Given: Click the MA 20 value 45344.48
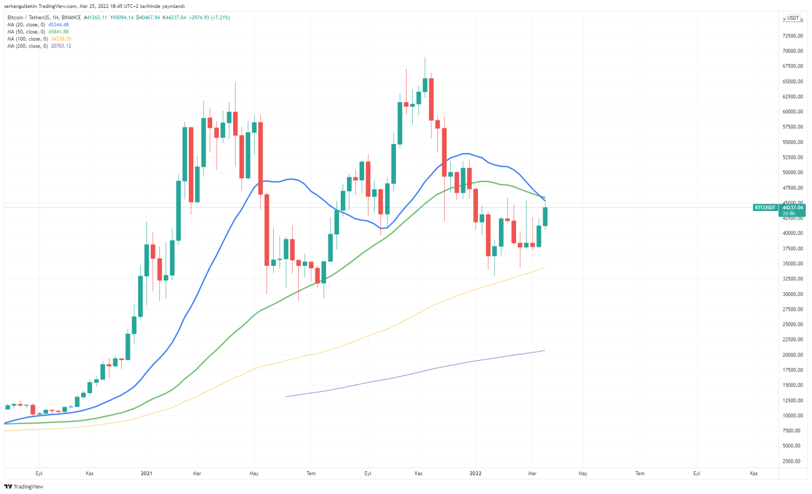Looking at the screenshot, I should (x=58, y=25).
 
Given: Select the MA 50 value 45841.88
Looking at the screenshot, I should (x=58, y=31).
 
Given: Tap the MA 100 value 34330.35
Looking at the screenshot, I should (x=61, y=39).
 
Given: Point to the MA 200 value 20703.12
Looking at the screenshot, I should (x=61, y=46).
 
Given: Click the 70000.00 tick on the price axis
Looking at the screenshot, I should (x=790, y=51).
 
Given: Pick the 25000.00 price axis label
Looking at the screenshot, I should (x=790, y=324).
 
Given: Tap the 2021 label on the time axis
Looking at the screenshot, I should (x=146, y=473).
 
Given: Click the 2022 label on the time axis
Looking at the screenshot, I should (x=476, y=473).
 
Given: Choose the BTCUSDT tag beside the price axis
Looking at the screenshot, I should (x=765, y=208).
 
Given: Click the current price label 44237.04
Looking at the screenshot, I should (x=792, y=208).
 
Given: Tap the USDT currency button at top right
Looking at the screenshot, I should (x=793, y=18).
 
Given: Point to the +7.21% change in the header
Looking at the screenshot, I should (x=220, y=17).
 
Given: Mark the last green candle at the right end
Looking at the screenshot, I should (x=545, y=217).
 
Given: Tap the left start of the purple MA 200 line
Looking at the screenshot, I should (x=287, y=396).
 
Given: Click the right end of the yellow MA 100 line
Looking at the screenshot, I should (x=545, y=267).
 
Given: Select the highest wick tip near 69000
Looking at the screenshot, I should (x=425, y=57).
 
